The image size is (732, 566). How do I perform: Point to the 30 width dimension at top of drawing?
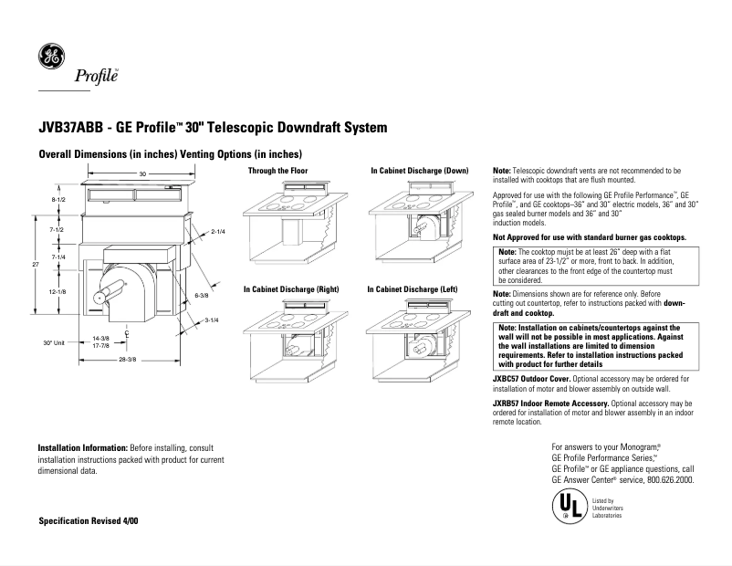[x=142, y=173]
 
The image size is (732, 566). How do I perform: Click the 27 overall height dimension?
[x=36, y=265]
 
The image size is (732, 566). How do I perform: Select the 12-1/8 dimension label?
[x=58, y=291]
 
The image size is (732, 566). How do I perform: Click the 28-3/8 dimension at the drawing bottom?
[x=127, y=359]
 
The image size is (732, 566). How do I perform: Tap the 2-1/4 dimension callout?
[x=218, y=232]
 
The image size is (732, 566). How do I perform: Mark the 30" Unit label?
[x=53, y=342]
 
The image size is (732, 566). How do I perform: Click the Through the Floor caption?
[x=278, y=171]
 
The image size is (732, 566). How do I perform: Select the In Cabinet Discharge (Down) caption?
[x=419, y=171]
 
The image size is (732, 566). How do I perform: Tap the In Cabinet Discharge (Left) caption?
[x=412, y=288]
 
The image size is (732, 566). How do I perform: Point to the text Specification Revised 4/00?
[x=89, y=519]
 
